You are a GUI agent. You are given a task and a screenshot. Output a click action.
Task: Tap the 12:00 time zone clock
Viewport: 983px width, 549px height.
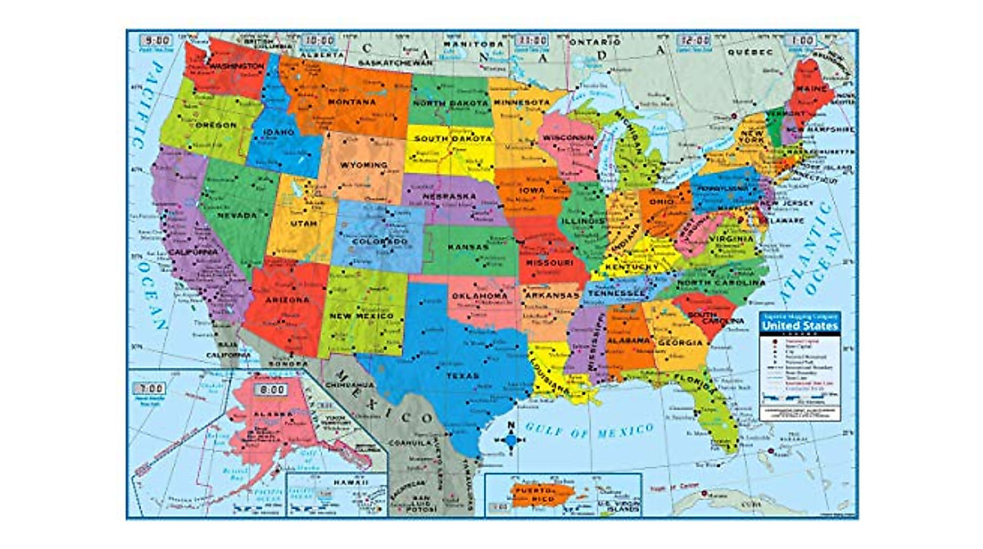click(x=695, y=39)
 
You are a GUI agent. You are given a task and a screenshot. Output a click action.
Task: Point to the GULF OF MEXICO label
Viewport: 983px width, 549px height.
click(x=590, y=429)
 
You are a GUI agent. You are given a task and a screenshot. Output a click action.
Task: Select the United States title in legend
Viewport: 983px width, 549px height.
click(x=799, y=325)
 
